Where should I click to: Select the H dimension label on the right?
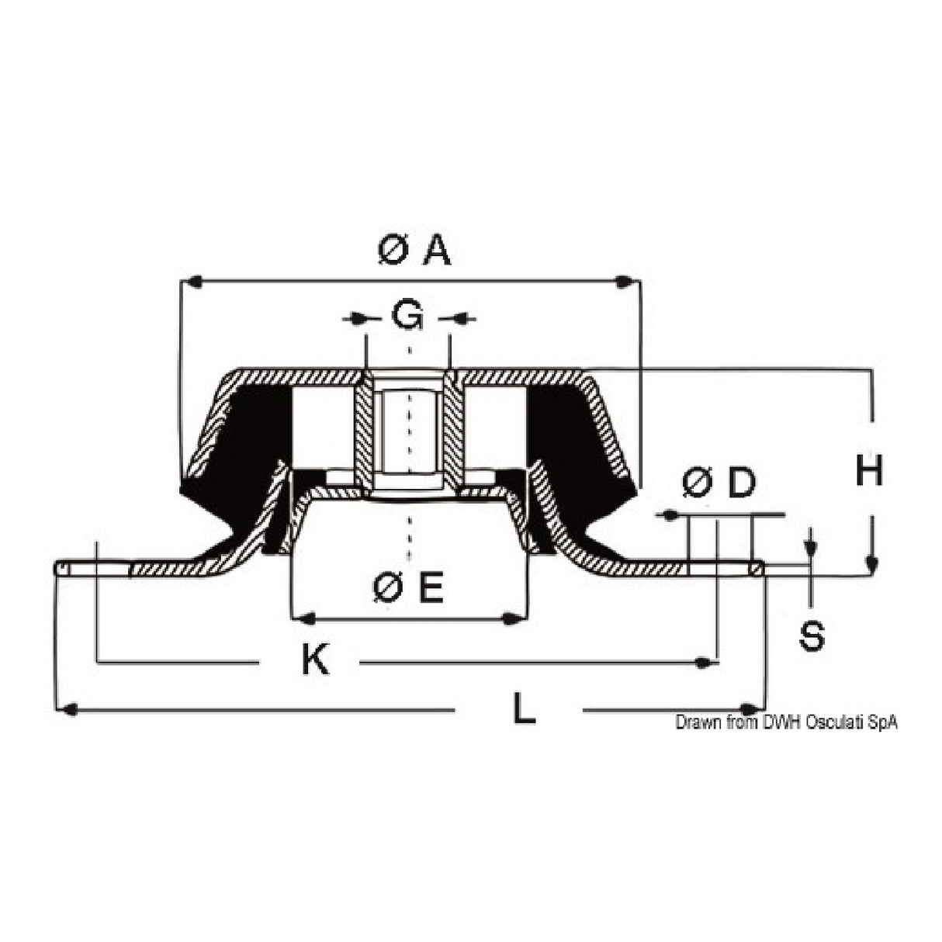[x=869, y=471]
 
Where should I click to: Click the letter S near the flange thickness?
[x=812, y=636]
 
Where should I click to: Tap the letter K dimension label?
[x=315, y=661]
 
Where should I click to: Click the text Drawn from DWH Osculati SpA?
[x=786, y=722]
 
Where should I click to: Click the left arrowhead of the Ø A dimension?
[x=190, y=282]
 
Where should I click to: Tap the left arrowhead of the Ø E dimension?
[x=306, y=618]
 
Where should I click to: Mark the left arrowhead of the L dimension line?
[x=68, y=709]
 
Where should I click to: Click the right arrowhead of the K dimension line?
[x=705, y=662]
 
